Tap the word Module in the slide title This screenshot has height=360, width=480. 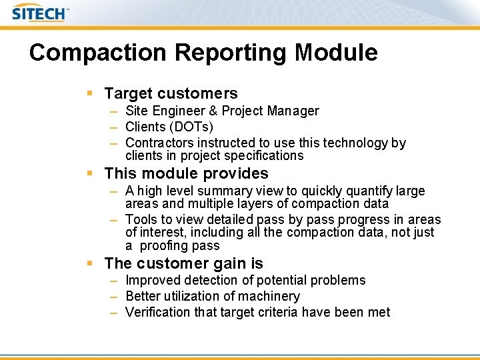point(340,53)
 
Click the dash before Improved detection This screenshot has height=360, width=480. point(115,281)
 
